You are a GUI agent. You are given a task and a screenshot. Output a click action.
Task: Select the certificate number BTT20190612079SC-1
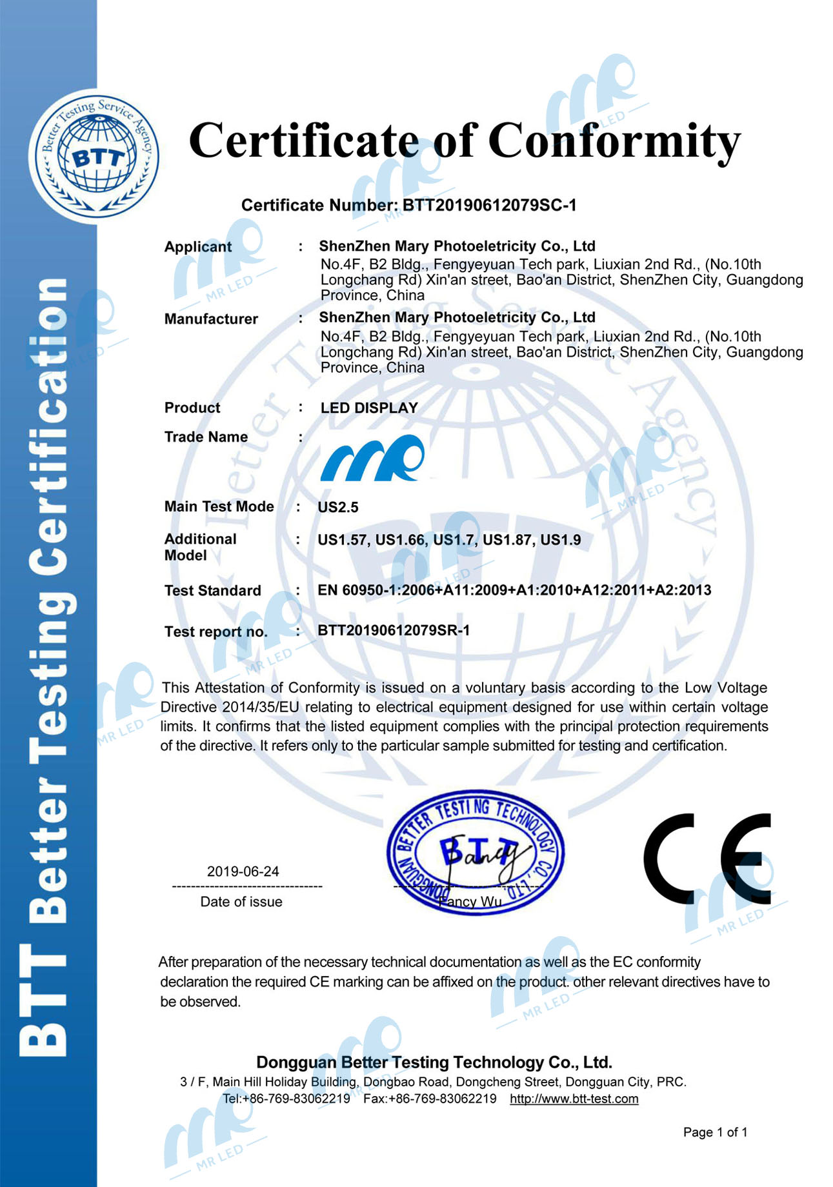[x=489, y=205]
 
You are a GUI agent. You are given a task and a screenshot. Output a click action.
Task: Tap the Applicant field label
[x=197, y=246]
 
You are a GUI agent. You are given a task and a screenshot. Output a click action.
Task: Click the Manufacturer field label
[x=211, y=319]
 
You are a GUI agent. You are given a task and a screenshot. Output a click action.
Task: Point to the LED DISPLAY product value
[x=369, y=408]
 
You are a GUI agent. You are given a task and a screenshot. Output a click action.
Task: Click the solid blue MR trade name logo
[x=372, y=458]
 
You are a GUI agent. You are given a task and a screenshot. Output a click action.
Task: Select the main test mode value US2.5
[x=338, y=507]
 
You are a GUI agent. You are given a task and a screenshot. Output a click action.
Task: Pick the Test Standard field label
[x=212, y=590]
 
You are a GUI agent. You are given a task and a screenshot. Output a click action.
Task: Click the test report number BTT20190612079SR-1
[x=394, y=630]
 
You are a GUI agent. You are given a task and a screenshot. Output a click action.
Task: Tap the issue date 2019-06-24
[x=243, y=871]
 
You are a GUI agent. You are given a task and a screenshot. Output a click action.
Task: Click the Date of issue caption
[x=241, y=901]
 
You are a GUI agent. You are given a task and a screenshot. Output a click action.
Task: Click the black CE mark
[x=707, y=858]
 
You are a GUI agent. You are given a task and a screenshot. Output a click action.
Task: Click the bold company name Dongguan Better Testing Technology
[x=434, y=1062]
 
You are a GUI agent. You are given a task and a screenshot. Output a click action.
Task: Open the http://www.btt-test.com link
[x=574, y=1099]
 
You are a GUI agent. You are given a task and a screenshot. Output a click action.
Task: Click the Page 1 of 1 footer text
[x=715, y=1132]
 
